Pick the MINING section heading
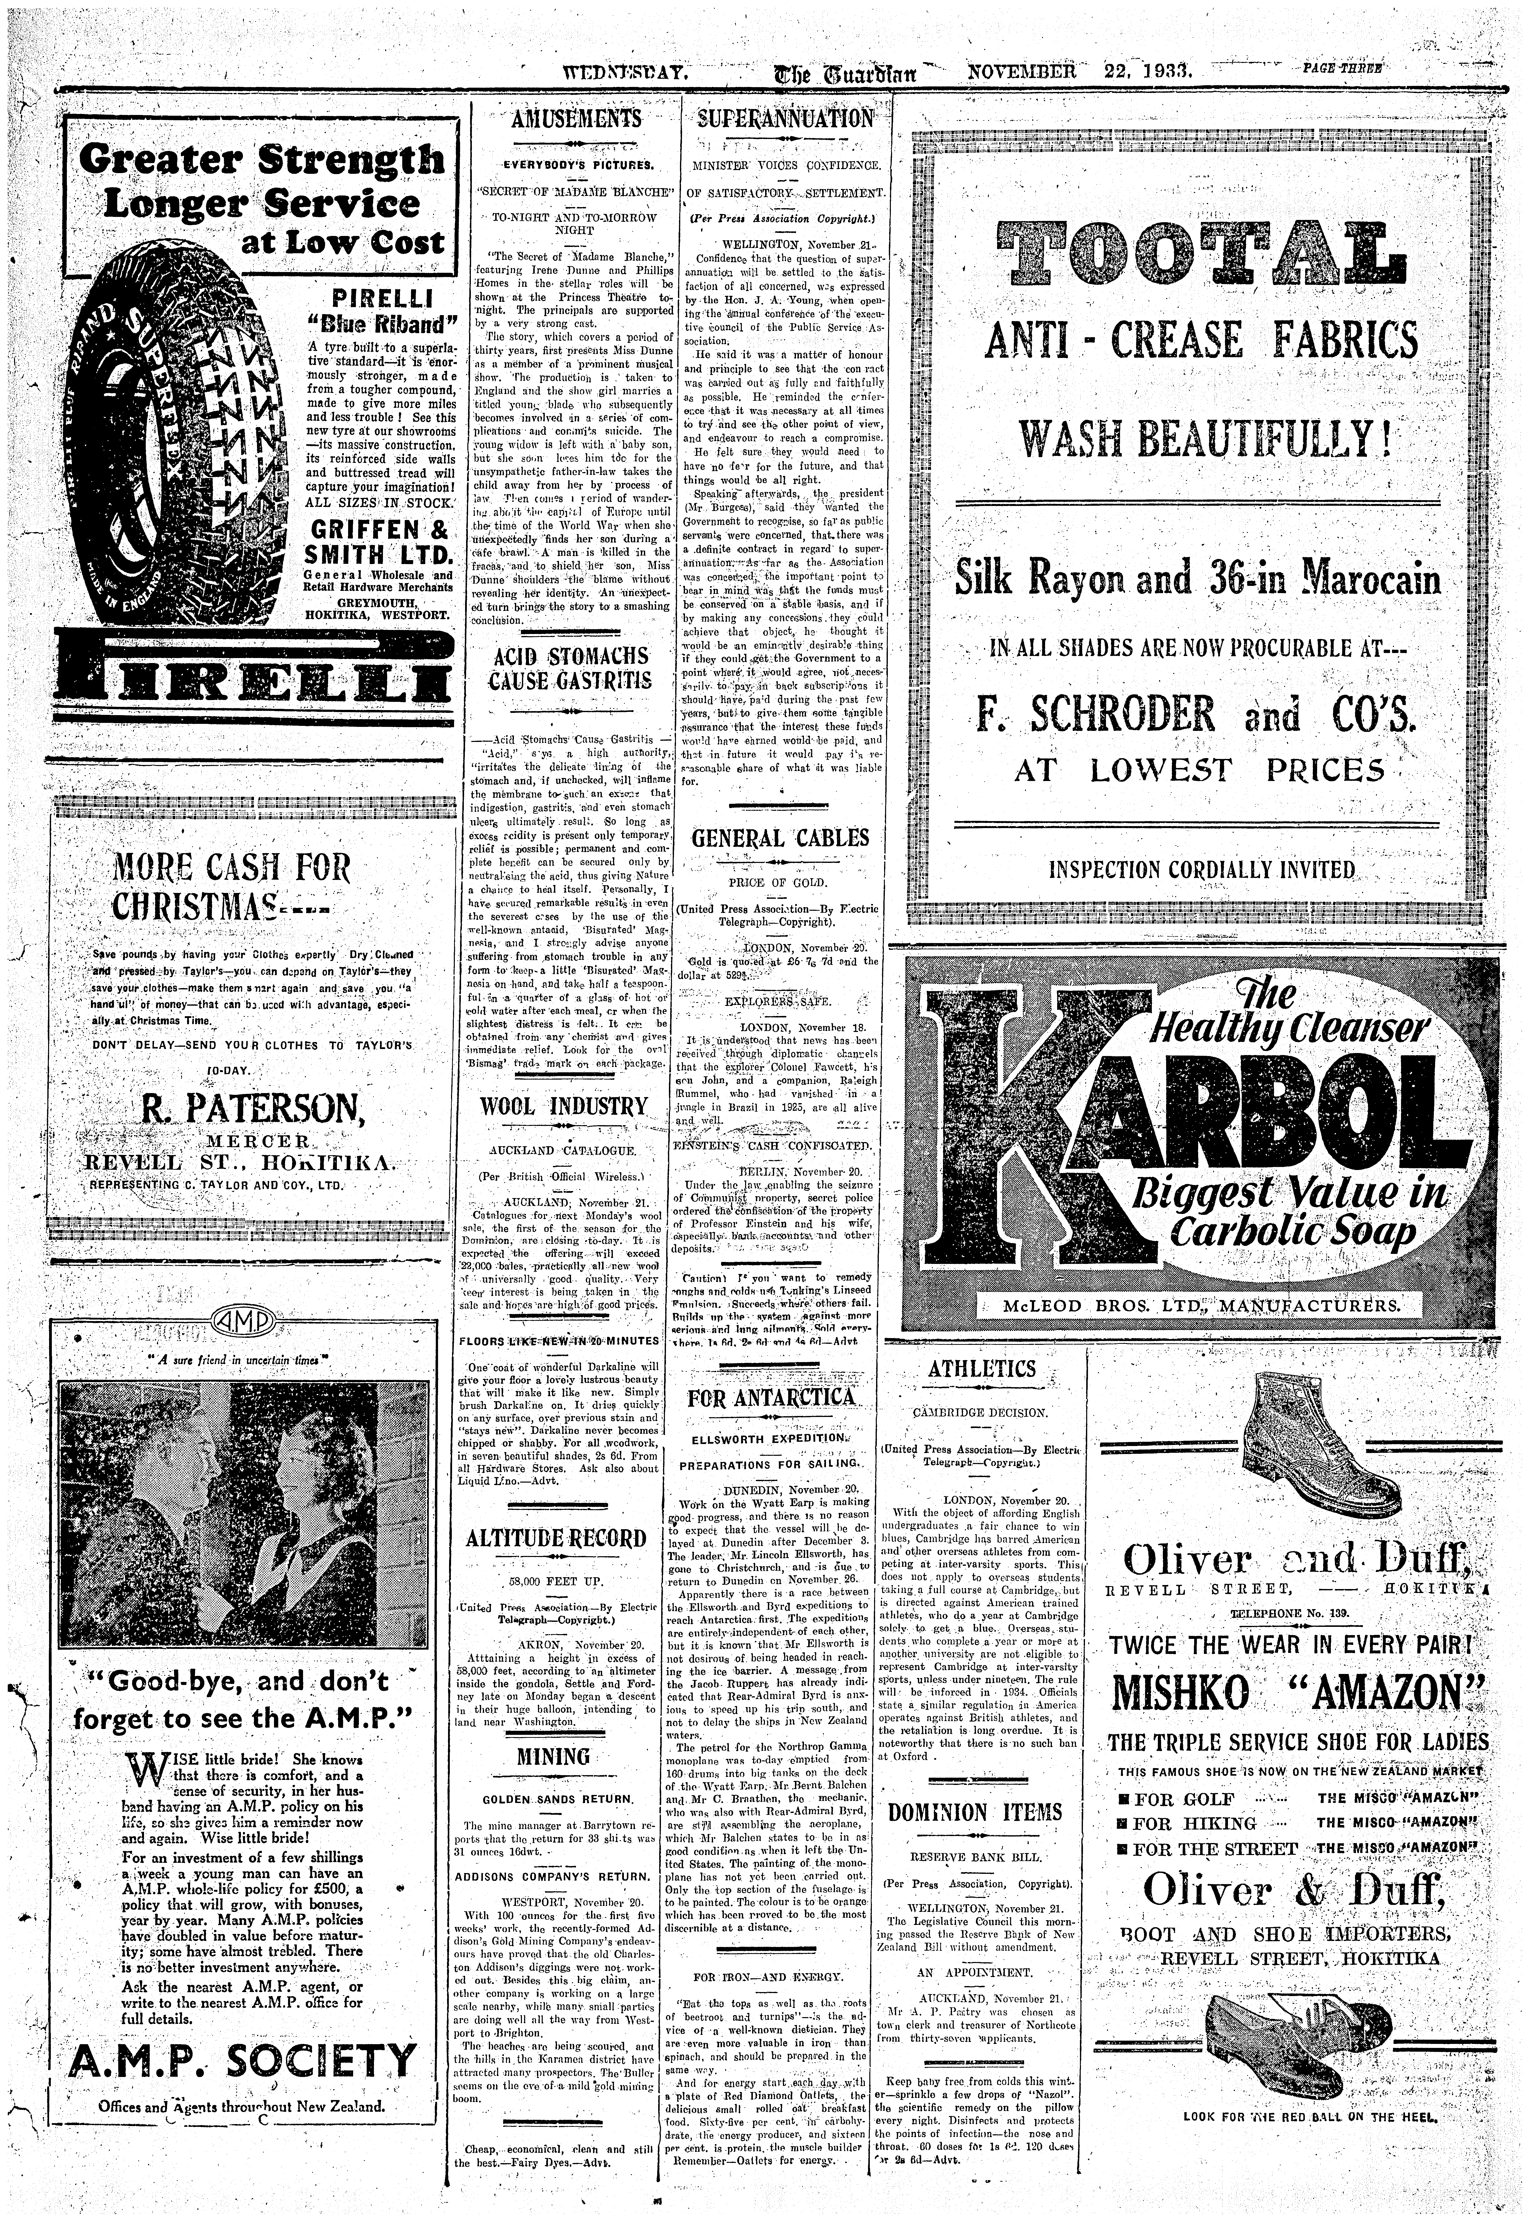(x=554, y=1756)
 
